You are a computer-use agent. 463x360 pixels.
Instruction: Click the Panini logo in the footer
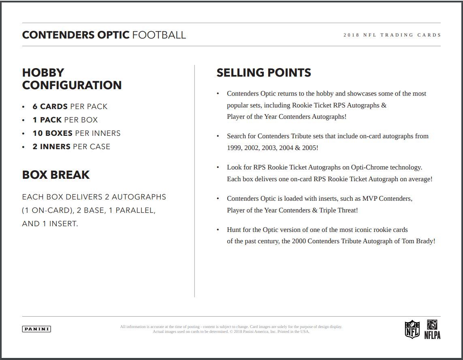click(x=36, y=329)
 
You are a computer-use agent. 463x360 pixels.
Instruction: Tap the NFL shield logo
click(x=412, y=329)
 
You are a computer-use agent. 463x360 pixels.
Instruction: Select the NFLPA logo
click(x=432, y=329)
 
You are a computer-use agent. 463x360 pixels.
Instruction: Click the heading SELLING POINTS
click(x=264, y=73)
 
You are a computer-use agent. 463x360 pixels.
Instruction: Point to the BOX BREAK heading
click(x=56, y=175)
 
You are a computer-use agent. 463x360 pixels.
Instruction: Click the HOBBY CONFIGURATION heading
click(x=72, y=79)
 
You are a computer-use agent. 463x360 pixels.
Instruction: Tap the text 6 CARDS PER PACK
click(x=70, y=107)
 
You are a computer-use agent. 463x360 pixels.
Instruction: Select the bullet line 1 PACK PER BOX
click(x=65, y=120)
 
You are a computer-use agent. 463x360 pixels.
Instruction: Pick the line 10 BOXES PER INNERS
click(x=77, y=133)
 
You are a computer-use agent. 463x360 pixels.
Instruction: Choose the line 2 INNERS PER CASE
click(x=71, y=147)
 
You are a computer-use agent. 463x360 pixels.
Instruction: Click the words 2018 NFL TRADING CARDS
click(x=392, y=35)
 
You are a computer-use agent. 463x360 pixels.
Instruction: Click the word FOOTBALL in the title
click(x=159, y=35)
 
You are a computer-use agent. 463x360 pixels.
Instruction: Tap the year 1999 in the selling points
click(x=234, y=148)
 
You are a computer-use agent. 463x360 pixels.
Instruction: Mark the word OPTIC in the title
click(x=113, y=35)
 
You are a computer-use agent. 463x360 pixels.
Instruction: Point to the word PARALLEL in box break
click(x=135, y=210)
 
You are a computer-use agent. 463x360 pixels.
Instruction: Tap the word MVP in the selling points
click(x=369, y=199)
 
